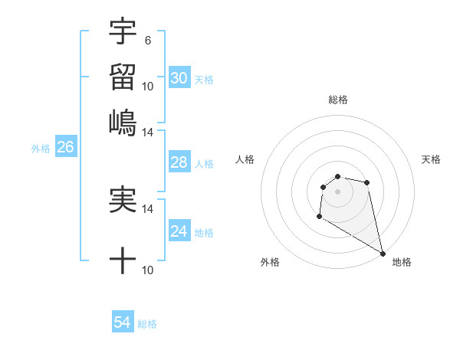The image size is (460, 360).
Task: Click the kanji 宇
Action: point(123,31)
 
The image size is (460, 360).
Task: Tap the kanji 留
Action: point(123,77)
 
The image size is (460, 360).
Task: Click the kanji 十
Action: point(123,261)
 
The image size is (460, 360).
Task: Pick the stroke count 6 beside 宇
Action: point(147,40)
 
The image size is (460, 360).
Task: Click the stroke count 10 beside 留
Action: point(148,86)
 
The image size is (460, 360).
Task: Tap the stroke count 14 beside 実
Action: point(148,209)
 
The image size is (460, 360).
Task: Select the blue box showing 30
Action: point(179,78)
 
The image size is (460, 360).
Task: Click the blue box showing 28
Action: point(179,162)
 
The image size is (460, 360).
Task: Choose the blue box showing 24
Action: point(179,231)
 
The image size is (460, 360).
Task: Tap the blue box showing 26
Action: point(65,148)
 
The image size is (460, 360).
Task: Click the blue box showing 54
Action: point(123,323)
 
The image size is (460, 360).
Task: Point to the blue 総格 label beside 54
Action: point(147,324)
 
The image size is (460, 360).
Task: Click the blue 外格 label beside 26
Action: point(41,149)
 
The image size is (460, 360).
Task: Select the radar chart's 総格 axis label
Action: point(337,100)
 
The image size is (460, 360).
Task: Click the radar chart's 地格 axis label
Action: point(402,262)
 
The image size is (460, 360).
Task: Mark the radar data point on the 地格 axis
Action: point(383,254)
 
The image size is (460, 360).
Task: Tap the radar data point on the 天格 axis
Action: point(367,182)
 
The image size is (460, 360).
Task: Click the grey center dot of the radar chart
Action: point(337,191)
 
